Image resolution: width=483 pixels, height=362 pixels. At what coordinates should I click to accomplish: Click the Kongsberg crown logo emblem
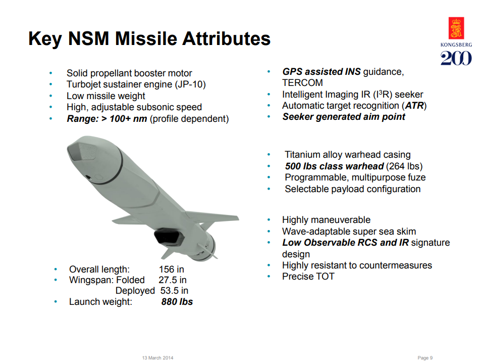(456, 28)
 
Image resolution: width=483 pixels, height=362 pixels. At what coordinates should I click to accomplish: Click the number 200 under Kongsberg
(456, 58)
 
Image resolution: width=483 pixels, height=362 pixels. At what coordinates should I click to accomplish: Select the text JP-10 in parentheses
(192, 84)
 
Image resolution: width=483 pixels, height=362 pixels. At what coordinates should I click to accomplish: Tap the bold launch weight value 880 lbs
(177, 302)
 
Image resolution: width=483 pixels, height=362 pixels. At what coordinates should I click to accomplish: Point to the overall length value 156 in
(172, 269)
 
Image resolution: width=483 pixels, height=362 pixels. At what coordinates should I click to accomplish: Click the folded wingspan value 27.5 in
(173, 280)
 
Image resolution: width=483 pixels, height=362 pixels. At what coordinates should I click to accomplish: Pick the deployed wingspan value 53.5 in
(174, 291)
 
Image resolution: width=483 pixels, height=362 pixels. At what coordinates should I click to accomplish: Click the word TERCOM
(302, 82)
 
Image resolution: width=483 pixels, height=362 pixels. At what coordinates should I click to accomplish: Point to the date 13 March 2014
(158, 358)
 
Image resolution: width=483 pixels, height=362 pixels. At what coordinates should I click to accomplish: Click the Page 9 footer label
(425, 358)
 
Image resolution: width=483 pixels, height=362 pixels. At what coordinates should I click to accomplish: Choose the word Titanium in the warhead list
(303, 155)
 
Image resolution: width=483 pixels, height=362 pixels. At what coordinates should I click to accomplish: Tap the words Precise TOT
(308, 277)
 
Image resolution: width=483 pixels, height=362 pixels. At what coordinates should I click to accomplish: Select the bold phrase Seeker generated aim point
(343, 117)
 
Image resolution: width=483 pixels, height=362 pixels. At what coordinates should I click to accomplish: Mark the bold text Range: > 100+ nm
(107, 119)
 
